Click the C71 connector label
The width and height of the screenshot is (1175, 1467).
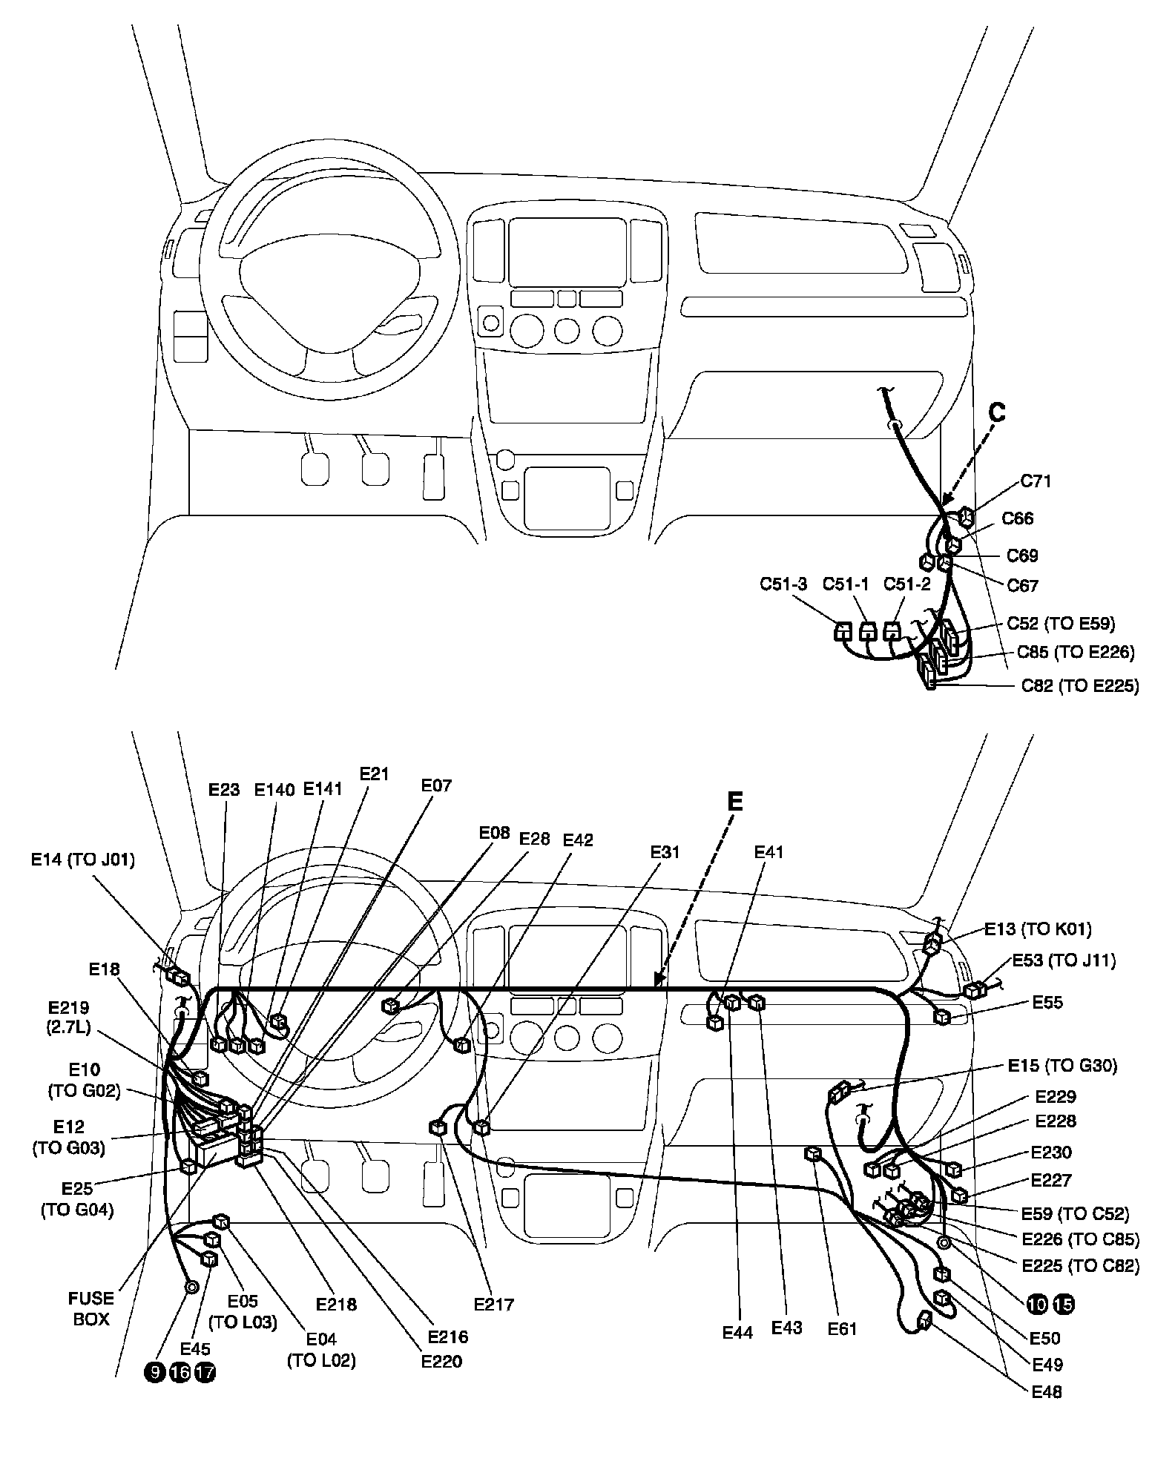(x=1036, y=481)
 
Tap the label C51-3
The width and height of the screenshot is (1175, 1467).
(x=783, y=583)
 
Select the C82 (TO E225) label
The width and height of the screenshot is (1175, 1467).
(x=1079, y=685)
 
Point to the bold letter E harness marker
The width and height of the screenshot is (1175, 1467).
(x=734, y=802)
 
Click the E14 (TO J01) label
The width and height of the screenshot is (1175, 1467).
(x=82, y=860)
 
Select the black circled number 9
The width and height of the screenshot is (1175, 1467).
(x=154, y=1372)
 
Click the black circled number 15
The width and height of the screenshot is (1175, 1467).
(x=1064, y=1304)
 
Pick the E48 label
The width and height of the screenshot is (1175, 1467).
(x=1047, y=1392)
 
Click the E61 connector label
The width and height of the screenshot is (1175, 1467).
(x=842, y=1328)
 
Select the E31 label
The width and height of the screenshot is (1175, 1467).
(x=665, y=853)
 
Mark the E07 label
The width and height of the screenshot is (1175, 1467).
(x=436, y=785)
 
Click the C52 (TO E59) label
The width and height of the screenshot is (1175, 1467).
(x=1061, y=624)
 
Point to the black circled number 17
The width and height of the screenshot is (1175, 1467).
(x=205, y=1372)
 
